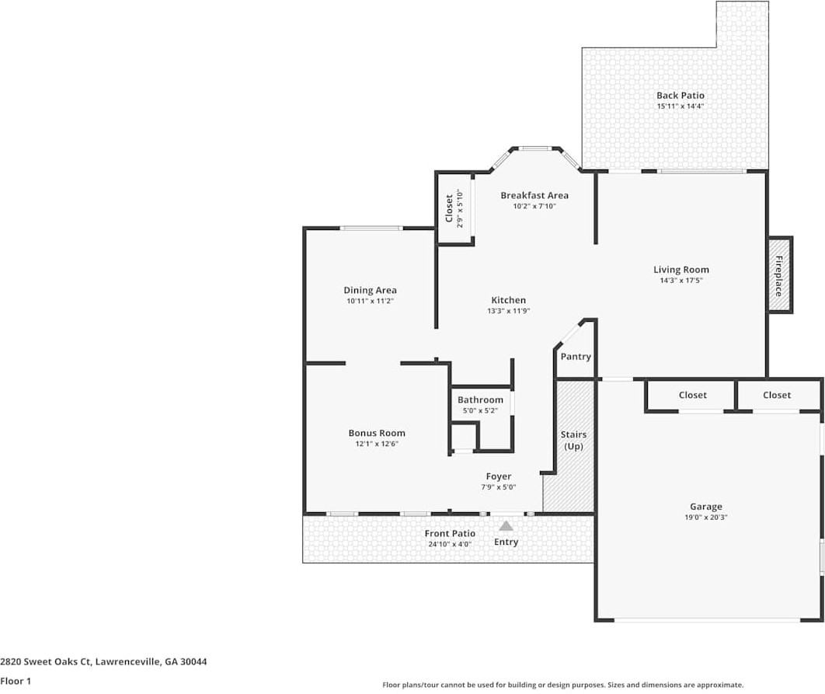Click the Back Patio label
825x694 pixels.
pos(680,96)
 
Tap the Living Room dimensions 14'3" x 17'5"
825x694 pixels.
pos(681,281)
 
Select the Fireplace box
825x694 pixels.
pos(779,275)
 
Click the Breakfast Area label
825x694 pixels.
pos(534,195)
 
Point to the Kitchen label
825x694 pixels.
pos(508,300)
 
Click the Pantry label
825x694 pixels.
pos(576,357)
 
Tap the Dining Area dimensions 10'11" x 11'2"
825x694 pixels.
pos(370,301)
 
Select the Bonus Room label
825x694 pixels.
pos(376,433)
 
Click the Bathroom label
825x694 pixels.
pos(480,399)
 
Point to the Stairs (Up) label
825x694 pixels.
pos(573,440)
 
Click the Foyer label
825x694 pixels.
pos(498,476)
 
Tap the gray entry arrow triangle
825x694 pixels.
pos(506,526)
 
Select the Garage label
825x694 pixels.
pos(705,507)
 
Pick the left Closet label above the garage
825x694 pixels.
pos(692,395)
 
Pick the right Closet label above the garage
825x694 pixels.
pos(776,395)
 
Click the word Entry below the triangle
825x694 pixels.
pos(506,542)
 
